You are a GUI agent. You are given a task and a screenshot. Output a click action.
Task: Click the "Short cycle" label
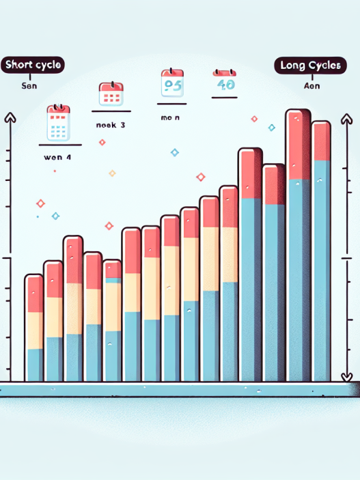(x=33, y=65)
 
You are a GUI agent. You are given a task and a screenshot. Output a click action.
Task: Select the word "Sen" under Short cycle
(x=31, y=87)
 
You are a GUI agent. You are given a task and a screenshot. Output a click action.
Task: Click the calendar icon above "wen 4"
(x=57, y=123)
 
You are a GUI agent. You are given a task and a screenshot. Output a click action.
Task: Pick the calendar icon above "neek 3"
(x=110, y=94)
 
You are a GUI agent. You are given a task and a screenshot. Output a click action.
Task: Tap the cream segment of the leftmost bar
(x=34, y=330)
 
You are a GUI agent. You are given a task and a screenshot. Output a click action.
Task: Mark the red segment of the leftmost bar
(x=34, y=294)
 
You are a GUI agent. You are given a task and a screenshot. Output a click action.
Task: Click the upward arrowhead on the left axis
(x=10, y=117)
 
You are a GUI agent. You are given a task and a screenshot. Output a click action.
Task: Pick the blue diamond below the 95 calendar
(x=174, y=152)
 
